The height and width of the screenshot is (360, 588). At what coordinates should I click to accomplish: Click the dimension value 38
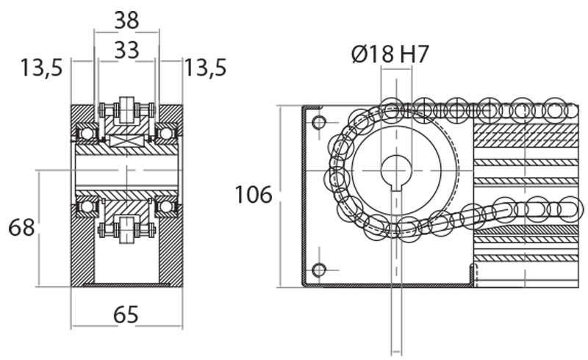(x=126, y=20)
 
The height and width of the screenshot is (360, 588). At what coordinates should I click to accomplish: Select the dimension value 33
(x=126, y=50)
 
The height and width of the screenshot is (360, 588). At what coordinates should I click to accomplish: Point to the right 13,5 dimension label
(x=205, y=68)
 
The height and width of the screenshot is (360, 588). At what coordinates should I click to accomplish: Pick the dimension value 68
(x=21, y=228)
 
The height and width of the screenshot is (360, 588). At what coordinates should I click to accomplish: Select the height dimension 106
(x=254, y=195)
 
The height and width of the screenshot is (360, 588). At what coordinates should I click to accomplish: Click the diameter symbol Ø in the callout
(x=359, y=54)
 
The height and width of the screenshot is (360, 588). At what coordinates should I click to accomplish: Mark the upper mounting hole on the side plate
(x=318, y=121)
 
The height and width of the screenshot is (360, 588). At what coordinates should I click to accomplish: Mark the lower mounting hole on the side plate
(x=318, y=270)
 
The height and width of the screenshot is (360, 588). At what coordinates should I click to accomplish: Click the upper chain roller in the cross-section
(x=126, y=110)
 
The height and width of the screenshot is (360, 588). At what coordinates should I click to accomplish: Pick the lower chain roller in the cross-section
(x=126, y=227)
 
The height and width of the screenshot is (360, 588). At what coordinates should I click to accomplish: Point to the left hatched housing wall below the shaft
(x=84, y=250)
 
